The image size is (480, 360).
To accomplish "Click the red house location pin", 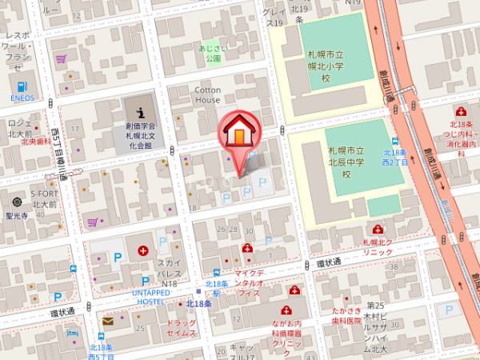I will tap(238, 134).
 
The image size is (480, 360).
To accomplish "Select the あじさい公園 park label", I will tap(212, 54).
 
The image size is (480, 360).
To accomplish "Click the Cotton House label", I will tap(207, 94).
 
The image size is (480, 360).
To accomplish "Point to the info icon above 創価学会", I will tap(141, 109).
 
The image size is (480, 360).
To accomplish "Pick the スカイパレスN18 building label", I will tap(168, 273).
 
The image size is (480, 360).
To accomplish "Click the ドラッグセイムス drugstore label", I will tap(181, 327).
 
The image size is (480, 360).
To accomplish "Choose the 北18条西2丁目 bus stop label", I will tap(394, 157).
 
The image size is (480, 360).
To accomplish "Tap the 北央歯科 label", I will tap(35, 142).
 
